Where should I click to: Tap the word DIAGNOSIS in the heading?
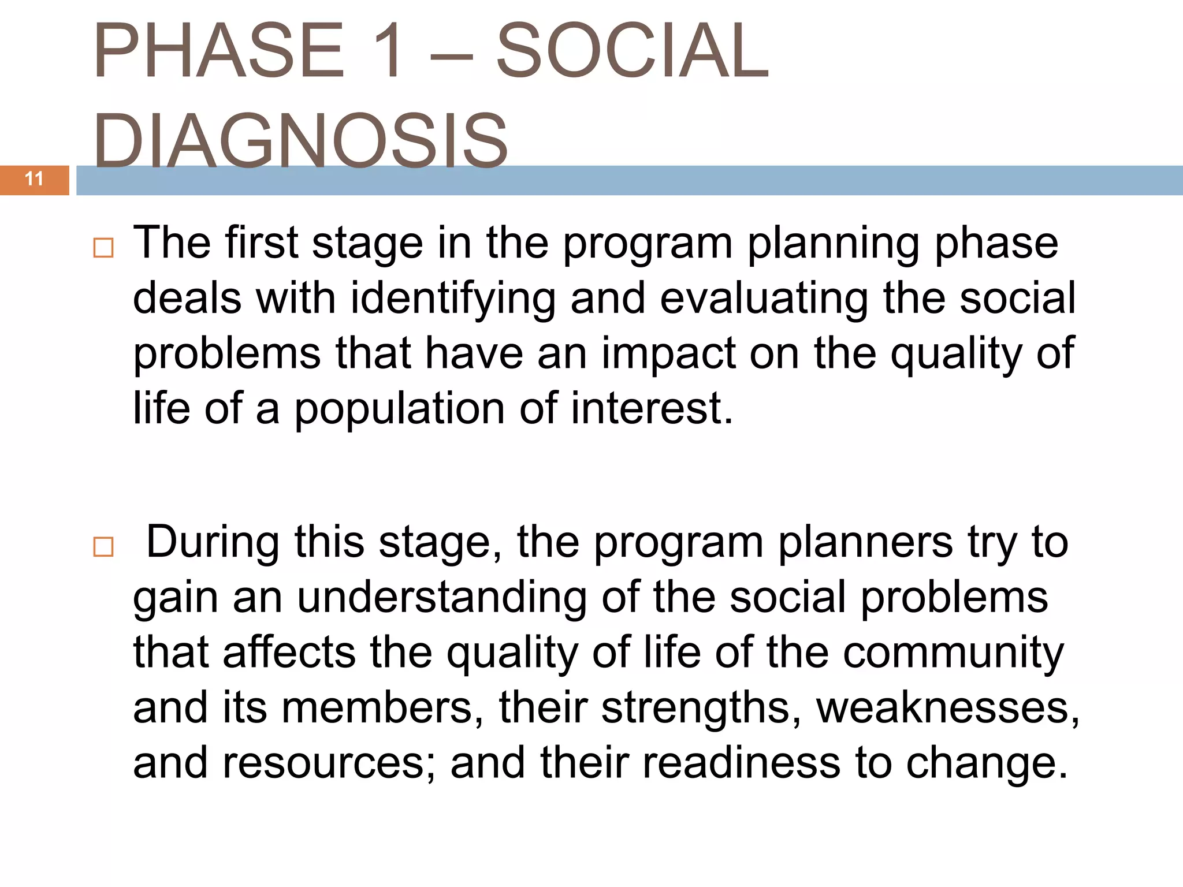pyautogui.click(x=300, y=140)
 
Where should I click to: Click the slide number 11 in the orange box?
pyautogui.click(x=34, y=179)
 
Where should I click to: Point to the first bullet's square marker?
pyautogui.click(x=103, y=248)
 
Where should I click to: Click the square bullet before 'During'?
pyautogui.click(x=103, y=546)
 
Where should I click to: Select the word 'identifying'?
pyautogui.click(x=453, y=299)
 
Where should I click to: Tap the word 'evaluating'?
pyautogui.click(x=763, y=299)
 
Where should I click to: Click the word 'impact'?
pyautogui.click(x=668, y=354)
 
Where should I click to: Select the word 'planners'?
pyautogui.click(x=865, y=543)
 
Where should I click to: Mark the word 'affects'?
pyautogui.click(x=289, y=653)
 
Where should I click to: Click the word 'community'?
pyautogui.click(x=953, y=653)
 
